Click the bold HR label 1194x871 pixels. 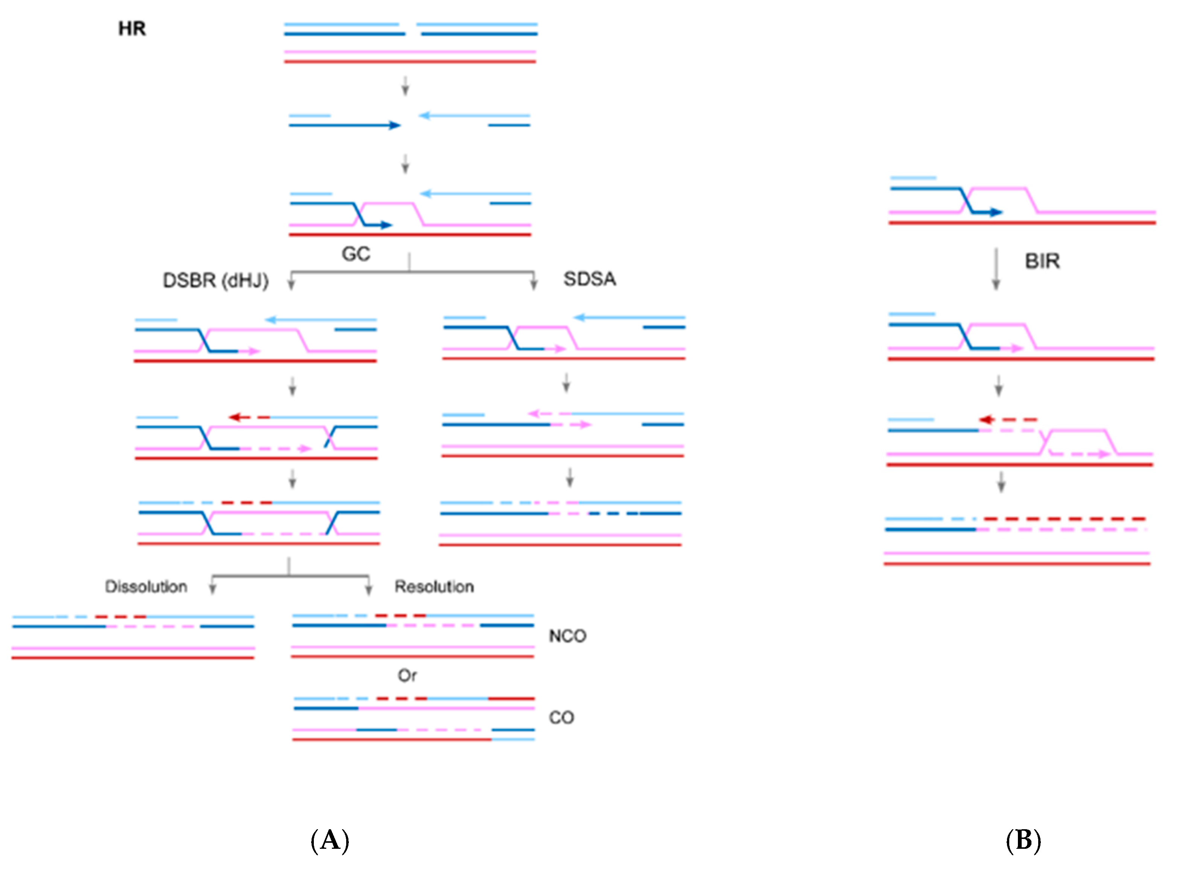(x=132, y=29)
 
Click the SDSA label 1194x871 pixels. (x=590, y=279)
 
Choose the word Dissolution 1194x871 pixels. (x=146, y=587)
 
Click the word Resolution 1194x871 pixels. (x=434, y=587)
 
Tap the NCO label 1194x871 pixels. (x=567, y=636)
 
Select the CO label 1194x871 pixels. (x=561, y=718)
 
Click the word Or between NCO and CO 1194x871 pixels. (x=407, y=676)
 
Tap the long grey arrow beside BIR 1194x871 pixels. (x=996, y=269)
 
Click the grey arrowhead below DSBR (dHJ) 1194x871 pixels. (x=291, y=284)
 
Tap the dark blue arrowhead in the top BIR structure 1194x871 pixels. (x=996, y=212)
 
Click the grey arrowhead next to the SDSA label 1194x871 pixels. (x=534, y=284)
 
